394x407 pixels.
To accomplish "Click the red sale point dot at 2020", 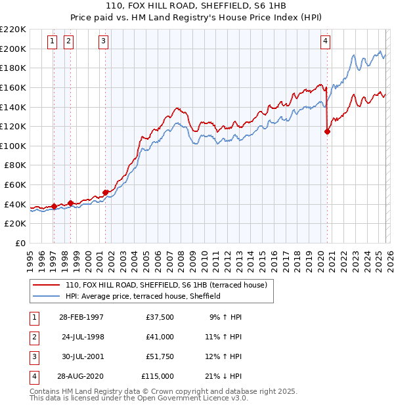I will point(327,131).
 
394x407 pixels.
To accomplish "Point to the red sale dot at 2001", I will point(105,192).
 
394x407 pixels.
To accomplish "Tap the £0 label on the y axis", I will point(20,243).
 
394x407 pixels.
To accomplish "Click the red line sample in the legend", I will point(47,286).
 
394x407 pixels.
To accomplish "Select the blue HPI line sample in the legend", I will point(47,297).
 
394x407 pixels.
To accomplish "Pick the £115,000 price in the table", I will point(158,376).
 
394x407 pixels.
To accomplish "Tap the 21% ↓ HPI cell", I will point(223,376).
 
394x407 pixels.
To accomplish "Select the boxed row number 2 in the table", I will point(33,337).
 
